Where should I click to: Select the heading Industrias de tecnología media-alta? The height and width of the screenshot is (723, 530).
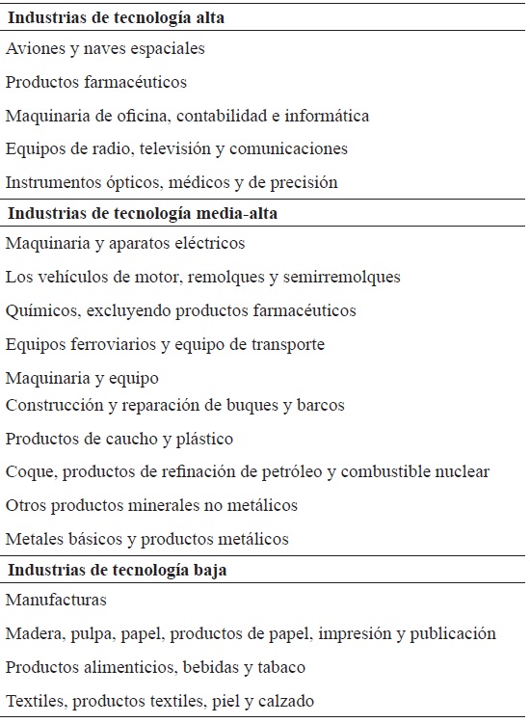click(x=143, y=214)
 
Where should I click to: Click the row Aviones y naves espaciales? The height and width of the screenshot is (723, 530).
click(x=105, y=48)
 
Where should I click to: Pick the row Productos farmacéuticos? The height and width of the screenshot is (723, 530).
click(x=96, y=82)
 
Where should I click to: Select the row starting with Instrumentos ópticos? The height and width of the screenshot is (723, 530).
click(x=172, y=181)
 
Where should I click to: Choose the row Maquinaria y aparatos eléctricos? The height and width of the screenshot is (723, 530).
click(x=125, y=244)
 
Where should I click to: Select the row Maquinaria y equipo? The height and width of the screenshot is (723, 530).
click(x=82, y=378)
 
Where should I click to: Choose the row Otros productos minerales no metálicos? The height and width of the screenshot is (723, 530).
click(x=151, y=505)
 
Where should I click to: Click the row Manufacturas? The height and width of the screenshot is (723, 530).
click(x=56, y=601)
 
